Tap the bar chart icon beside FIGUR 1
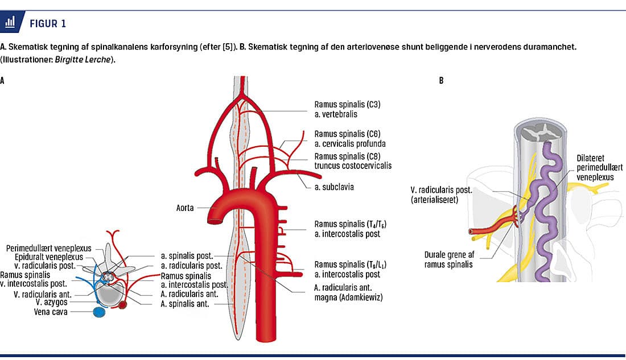point(10,23)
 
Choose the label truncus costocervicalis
point(353,165)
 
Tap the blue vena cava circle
point(99,312)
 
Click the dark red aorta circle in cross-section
point(122,306)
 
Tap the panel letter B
point(441,81)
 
